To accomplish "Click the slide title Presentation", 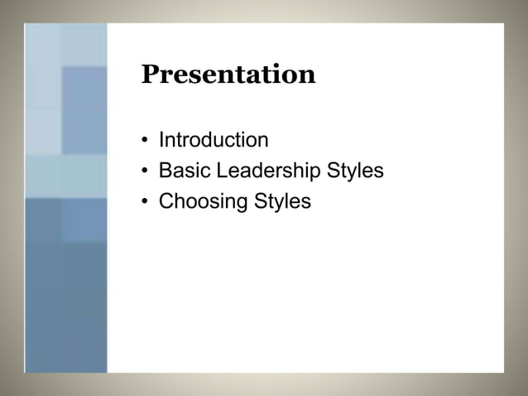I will [228, 75].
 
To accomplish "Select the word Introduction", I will [214, 140].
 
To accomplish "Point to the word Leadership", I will [262, 171].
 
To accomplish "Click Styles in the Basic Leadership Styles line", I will [354, 171].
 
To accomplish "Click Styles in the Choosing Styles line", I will [281, 201].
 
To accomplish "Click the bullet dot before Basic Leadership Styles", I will [145, 171].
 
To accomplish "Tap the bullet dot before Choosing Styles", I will [145, 202].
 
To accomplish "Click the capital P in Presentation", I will [150, 75].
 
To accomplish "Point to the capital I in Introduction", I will [161, 140].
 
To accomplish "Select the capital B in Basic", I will [165, 171].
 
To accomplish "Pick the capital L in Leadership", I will [210, 171].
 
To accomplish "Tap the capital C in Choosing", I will [166, 201].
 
